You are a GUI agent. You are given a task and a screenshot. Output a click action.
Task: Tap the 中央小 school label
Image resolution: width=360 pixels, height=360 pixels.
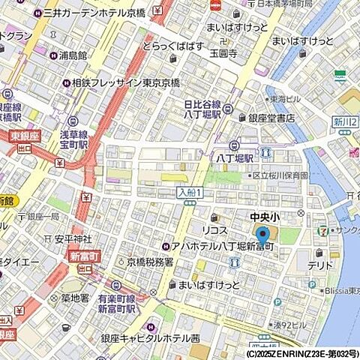(x=264, y=216)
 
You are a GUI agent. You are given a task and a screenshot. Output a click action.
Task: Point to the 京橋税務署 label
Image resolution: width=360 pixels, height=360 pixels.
(x=150, y=262)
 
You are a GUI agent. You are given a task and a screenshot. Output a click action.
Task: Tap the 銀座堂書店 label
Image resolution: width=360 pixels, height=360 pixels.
(x=271, y=118)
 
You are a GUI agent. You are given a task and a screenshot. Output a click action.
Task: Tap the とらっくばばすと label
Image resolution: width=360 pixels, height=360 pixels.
(x=174, y=46)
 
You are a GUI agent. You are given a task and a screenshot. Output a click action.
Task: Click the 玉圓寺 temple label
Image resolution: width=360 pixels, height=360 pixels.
(x=223, y=54)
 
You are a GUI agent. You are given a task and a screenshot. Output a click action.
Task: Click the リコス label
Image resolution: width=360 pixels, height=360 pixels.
(x=214, y=229)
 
